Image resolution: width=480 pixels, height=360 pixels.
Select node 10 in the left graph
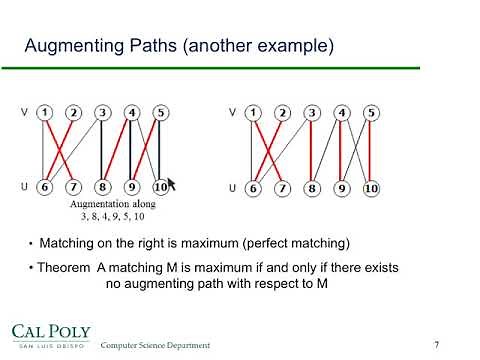tap(160, 187)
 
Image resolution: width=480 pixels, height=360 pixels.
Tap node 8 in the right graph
tap(312, 187)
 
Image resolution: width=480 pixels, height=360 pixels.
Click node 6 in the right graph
tap(255, 187)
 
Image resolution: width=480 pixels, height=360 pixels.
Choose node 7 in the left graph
tap(74, 187)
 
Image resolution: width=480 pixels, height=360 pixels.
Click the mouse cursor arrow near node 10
tap(171, 184)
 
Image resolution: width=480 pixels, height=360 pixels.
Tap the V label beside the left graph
tap(25, 112)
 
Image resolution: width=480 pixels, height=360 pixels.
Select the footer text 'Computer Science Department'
tap(155, 345)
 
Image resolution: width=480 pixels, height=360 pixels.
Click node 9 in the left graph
tap(131, 187)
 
